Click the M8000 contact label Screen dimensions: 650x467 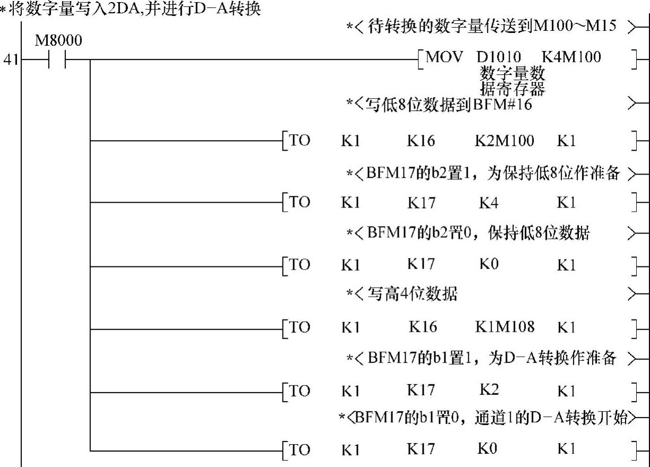(58, 41)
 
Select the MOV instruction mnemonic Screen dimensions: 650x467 (444, 57)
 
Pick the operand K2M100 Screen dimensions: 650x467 (504, 141)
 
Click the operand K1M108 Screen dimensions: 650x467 (504, 327)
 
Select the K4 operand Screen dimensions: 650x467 (488, 203)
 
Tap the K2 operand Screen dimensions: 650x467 (489, 390)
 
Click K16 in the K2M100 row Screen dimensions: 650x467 (421, 141)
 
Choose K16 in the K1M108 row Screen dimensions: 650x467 (423, 327)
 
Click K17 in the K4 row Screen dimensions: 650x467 (421, 203)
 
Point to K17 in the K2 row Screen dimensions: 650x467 (421, 390)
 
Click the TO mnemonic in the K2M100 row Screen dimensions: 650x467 (300, 141)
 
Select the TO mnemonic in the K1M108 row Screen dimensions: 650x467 (300, 327)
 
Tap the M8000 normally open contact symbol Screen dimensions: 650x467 (58, 60)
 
